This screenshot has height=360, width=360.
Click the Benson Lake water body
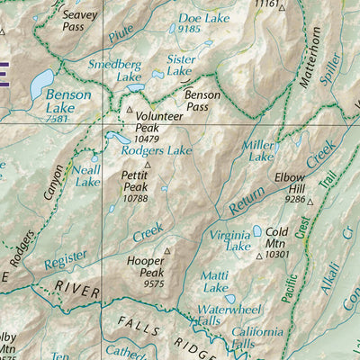tap(40, 85)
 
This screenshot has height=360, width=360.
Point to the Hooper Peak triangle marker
tap(166, 251)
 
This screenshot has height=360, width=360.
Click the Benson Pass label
tap(202, 99)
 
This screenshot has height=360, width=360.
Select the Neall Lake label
tap(87, 175)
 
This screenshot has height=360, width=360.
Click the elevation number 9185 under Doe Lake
tap(188, 29)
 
